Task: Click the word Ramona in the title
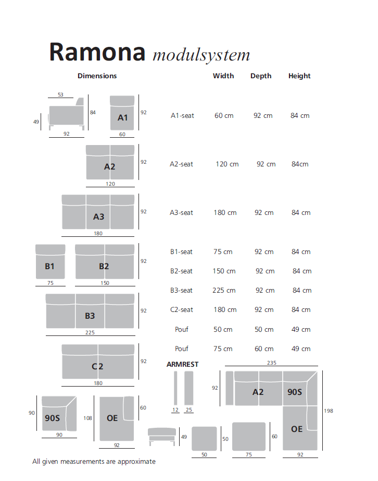[x=97, y=52]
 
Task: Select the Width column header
[x=223, y=76]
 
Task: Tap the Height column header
[x=299, y=76]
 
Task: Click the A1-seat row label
[x=182, y=116]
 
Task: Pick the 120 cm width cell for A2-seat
[x=227, y=164]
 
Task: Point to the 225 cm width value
[x=224, y=291]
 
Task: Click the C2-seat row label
[x=181, y=310]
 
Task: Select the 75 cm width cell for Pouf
[x=223, y=349]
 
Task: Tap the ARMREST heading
[x=182, y=365]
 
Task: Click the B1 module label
[x=49, y=267]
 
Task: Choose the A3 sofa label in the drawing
[x=99, y=217]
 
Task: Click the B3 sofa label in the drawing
[x=90, y=316]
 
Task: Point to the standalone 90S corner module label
[x=52, y=418]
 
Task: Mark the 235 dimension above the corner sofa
[x=271, y=363]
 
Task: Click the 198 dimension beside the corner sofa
[x=328, y=411]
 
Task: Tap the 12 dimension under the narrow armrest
[x=175, y=410]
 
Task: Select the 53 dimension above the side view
[x=60, y=95]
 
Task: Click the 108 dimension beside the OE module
[x=87, y=418]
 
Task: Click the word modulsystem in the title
[x=201, y=55]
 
